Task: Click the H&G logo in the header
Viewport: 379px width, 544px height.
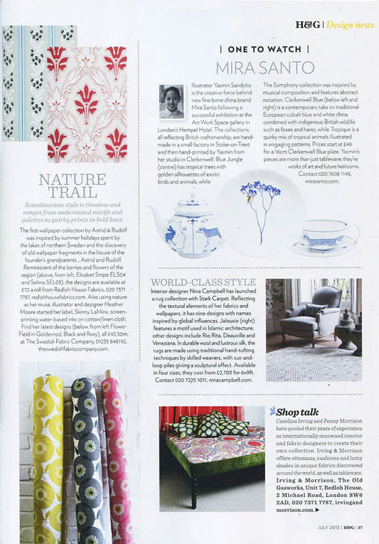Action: point(307,24)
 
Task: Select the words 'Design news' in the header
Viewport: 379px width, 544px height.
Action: point(351,24)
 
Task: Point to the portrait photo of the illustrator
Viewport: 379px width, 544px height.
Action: point(172,102)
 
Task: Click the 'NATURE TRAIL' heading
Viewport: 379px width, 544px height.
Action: point(73,186)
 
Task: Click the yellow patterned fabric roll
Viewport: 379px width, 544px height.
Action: point(48,455)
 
